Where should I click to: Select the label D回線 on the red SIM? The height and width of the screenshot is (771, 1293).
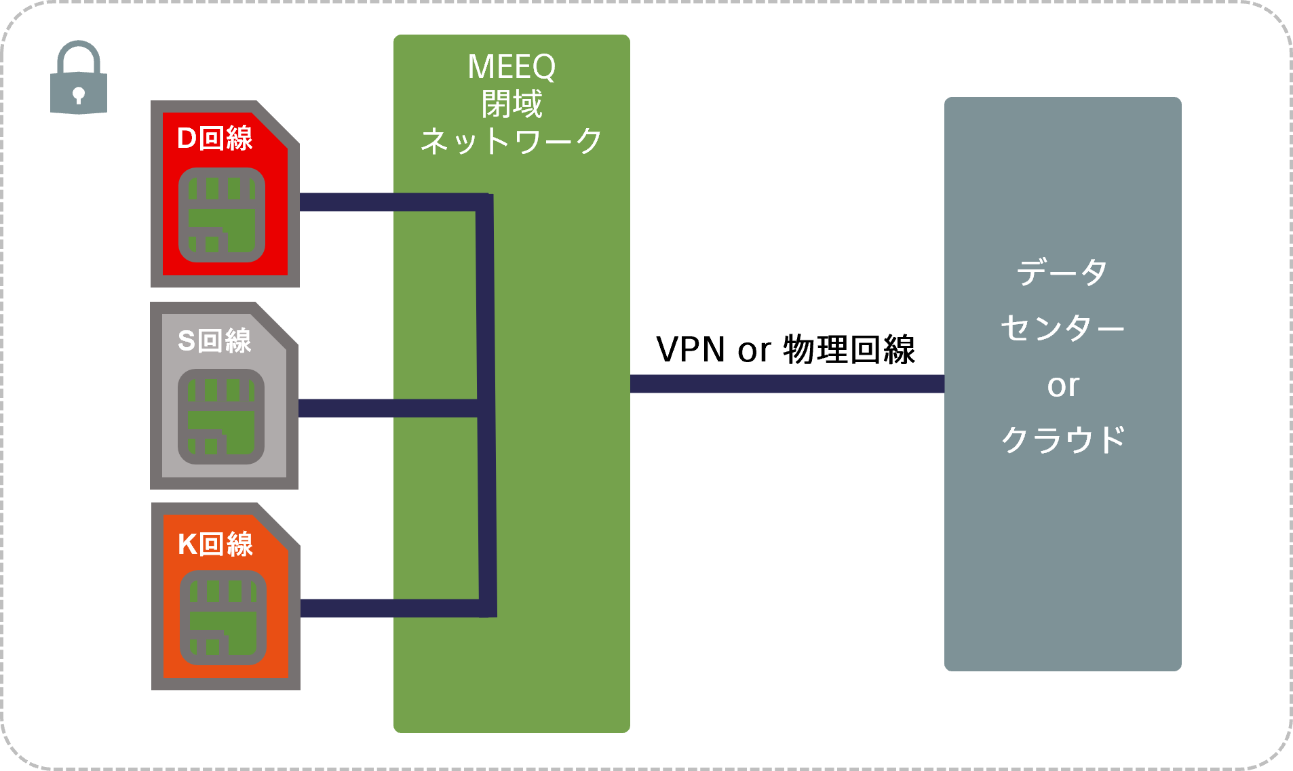pyautogui.click(x=214, y=138)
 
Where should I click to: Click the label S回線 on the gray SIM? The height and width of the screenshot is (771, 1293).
pyautogui.click(x=214, y=340)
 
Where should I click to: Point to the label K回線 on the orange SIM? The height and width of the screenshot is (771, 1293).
pyautogui.click(x=215, y=544)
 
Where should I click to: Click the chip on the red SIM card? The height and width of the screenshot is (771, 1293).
pyautogui.click(x=222, y=215)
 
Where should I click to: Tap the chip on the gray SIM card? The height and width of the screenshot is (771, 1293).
pyautogui.click(x=221, y=416)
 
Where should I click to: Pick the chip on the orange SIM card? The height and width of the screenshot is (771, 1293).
pyautogui.click(x=223, y=618)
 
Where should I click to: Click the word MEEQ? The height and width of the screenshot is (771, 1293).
pyautogui.click(x=512, y=66)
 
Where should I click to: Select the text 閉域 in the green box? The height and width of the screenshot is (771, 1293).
pyautogui.click(x=512, y=104)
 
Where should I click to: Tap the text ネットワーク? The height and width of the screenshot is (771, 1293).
pyautogui.click(x=512, y=142)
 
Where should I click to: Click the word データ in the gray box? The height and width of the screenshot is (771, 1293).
pyautogui.click(x=1062, y=273)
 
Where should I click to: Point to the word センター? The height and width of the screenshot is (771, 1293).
pyautogui.click(x=1062, y=328)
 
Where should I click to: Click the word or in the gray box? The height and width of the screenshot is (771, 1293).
pyautogui.click(x=1062, y=385)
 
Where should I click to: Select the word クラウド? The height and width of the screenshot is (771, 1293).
pyautogui.click(x=1062, y=439)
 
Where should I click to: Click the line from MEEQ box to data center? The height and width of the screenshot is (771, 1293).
pyautogui.click(x=787, y=384)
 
